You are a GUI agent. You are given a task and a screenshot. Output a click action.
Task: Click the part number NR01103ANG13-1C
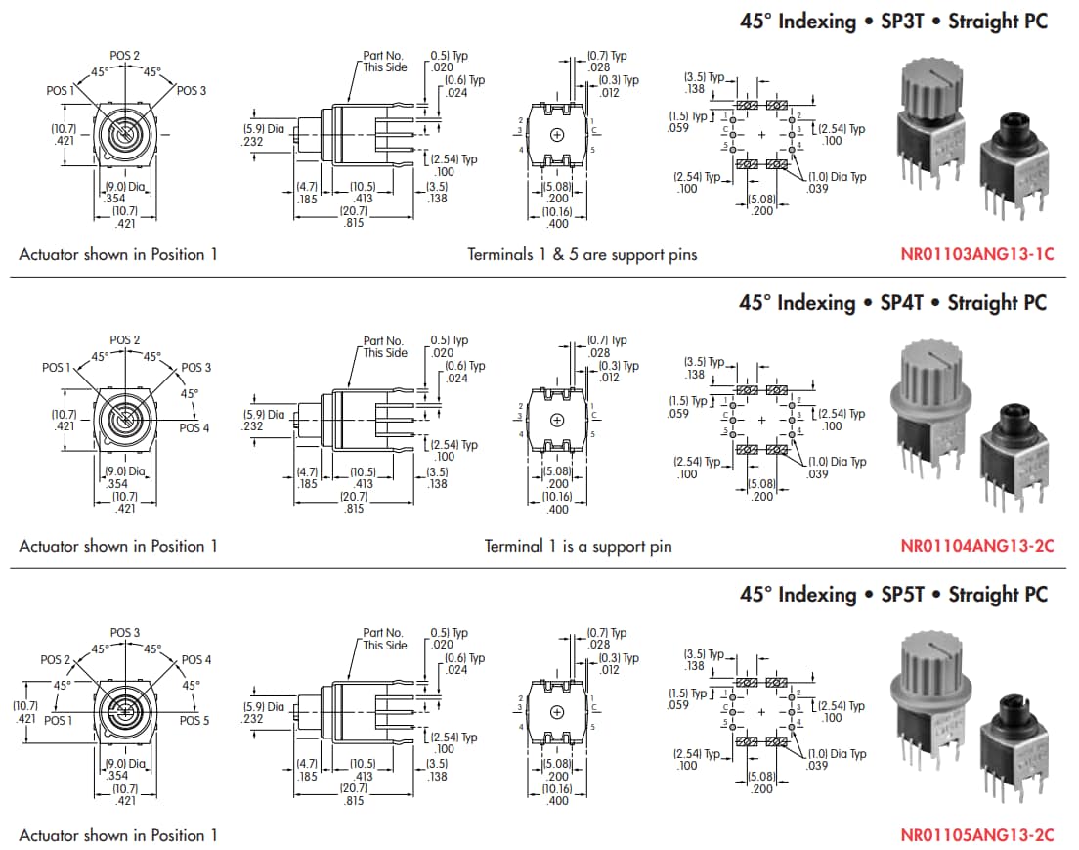point(976,255)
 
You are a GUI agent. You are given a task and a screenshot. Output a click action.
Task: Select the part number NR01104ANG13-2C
point(976,546)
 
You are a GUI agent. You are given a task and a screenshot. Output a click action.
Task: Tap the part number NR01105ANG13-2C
point(976,835)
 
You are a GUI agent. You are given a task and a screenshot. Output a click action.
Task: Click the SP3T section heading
point(891,22)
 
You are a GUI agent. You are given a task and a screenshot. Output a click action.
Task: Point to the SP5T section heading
point(892,595)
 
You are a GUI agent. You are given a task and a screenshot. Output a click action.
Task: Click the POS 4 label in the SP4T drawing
point(194,428)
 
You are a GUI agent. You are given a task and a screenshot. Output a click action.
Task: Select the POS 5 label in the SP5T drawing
point(194,720)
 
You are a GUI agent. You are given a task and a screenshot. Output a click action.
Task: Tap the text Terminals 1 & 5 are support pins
point(583,255)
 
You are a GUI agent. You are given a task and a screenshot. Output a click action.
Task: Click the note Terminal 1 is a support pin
point(579,546)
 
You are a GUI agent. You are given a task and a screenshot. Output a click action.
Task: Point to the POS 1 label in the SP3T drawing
point(60,90)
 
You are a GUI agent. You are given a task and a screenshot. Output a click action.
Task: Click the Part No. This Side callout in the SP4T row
point(385,347)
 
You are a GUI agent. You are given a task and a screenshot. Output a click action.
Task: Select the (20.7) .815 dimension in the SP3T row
point(354,217)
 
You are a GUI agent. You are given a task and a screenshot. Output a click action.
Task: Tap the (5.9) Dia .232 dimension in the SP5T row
point(263,712)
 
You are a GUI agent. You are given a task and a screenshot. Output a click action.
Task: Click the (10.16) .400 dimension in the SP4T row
point(556,503)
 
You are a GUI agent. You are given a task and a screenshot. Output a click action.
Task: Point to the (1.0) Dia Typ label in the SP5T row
point(837,760)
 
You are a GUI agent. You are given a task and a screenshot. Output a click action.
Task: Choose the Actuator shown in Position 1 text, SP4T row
point(118,546)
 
